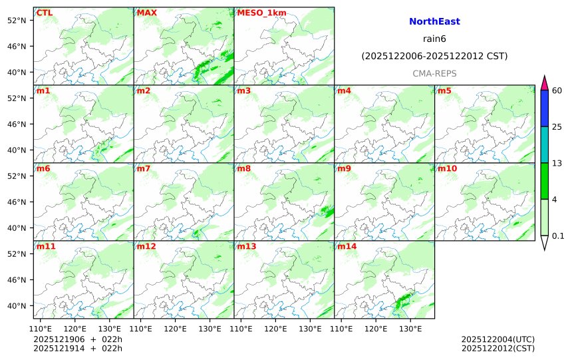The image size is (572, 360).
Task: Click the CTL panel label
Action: pos(45,13)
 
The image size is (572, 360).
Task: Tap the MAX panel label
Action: pos(147,13)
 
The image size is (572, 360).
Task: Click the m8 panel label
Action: pos(243,169)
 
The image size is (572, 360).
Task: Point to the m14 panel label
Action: pos(346,247)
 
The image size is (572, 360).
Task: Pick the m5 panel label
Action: pos(444,90)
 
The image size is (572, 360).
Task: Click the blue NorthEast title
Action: pos(434,22)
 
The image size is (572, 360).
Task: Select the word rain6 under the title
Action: pos(434,39)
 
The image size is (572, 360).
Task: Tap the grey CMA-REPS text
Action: pos(434,73)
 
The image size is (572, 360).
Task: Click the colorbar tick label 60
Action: pos(557,90)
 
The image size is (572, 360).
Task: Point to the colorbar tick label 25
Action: pos(557,127)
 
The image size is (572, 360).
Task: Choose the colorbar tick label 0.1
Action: pos(559,236)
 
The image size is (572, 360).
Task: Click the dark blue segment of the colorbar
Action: pos(544,108)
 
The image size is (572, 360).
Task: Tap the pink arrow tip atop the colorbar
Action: pos(544,83)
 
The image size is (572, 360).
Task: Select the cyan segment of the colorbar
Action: pos(544,145)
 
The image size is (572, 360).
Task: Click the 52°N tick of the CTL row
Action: pos(20,20)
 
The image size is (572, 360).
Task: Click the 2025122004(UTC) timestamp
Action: pos(498,339)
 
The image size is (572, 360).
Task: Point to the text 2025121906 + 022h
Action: pos(78,339)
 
